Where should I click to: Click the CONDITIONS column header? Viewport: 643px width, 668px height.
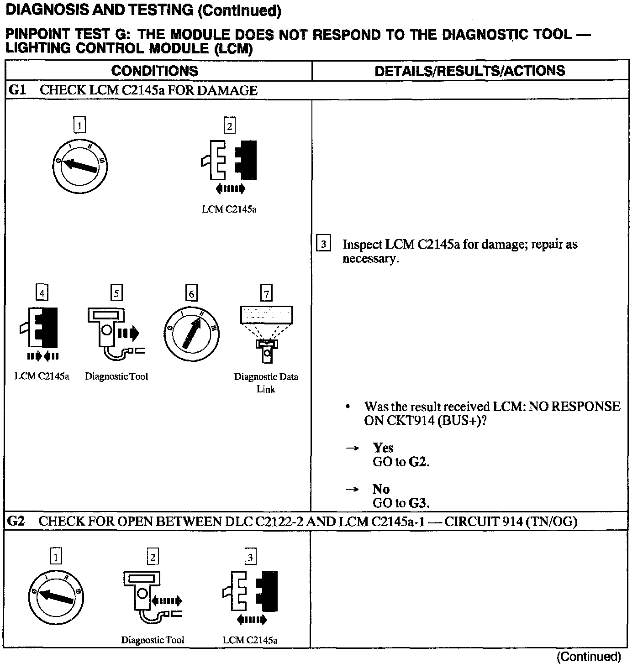[x=154, y=71]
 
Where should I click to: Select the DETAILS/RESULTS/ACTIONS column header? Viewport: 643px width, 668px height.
[x=469, y=71]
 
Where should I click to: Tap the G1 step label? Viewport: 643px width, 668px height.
[x=17, y=90]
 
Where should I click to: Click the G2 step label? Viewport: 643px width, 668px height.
[x=16, y=521]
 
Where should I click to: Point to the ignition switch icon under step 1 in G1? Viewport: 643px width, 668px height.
[x=80, y=165]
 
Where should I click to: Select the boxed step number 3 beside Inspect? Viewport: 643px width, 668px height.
[x=323, y=244]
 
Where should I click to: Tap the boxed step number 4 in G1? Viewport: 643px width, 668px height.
[x=42, y=293]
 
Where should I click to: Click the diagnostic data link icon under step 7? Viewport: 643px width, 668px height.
[x=266, y=333]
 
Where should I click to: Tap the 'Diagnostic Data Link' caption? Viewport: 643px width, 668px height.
[x=266, y=383]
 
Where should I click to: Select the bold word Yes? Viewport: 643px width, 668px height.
[x=383, y=448]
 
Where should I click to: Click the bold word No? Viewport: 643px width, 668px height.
[x=381, y=489]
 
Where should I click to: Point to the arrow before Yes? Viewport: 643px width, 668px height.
[x=352, y=448]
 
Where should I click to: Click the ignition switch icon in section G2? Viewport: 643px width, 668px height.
[x=56, y=596]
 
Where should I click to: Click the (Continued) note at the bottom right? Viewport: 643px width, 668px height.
[x=589, y=656]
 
